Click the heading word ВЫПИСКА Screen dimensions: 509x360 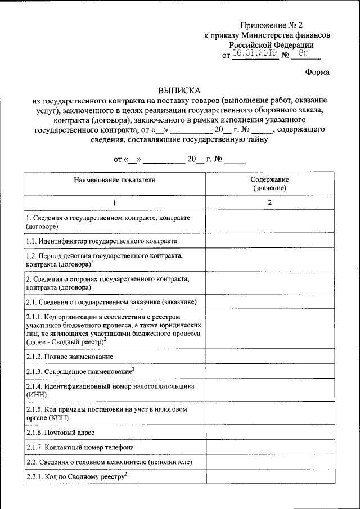tap(179, 90)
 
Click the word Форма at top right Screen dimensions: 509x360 tap(317, 72)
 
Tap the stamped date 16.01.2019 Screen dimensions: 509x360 tap(255, 54)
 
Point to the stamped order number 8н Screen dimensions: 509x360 tap(304, 54)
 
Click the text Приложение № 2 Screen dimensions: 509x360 tap(271, 25)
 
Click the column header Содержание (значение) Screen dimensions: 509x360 tap(269, 183)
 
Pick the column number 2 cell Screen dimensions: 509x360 tap(269, 202)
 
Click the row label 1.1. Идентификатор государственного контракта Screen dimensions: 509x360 tap(101, 240)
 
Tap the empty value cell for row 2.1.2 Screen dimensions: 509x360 tap(269, 357)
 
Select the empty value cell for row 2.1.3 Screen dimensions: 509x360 tap(269, 371)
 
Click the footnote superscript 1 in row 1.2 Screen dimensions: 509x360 tap(92, 261)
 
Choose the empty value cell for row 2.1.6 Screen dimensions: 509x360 tap(269, 433)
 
